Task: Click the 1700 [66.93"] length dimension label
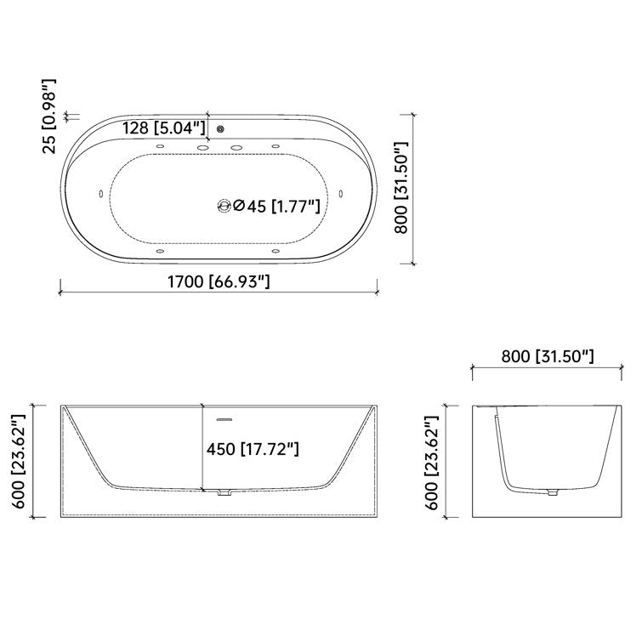coord(219,281)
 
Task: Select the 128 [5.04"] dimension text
coord(164,128)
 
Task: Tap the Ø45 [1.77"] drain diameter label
coord(276,205)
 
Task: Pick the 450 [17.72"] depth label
coord(253,447)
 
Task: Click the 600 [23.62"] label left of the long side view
coord(18,460)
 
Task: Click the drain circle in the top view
coord(224,205)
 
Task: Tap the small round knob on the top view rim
coord(221,129)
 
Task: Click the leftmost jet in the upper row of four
coord(160,150)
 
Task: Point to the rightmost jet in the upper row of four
coord(276,150)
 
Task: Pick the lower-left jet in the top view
coord(160,250)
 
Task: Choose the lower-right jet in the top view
coord(276,250)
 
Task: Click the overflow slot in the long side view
coord(224,418)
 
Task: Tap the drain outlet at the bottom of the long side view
coord(224,492)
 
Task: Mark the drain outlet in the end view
coord(554,491)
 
